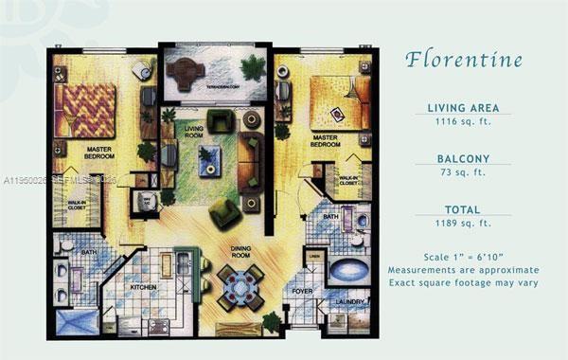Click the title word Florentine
(463, 60)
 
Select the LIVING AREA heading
(463, 108)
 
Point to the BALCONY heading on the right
(463, 159)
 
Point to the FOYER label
(302, 292)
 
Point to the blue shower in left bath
(77, 320)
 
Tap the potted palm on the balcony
(253, 69)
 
